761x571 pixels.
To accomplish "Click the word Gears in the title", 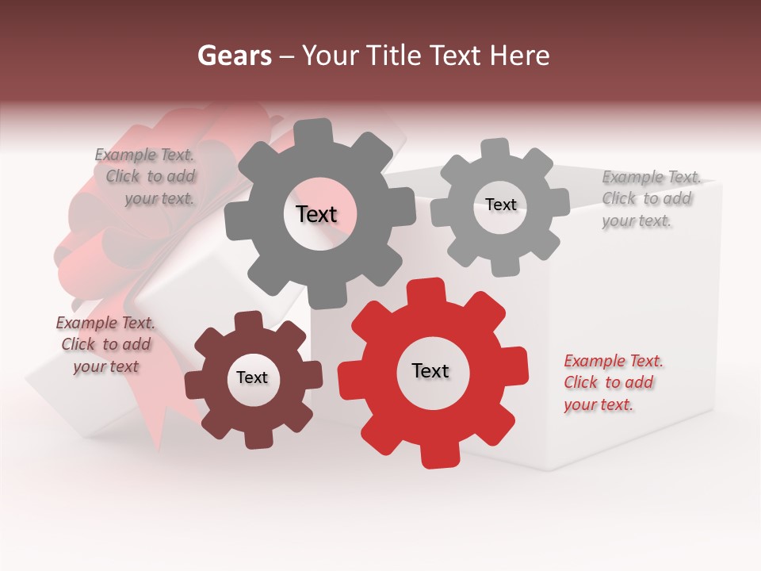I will pos(234,56).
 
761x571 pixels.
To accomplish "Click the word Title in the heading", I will pos(393,56).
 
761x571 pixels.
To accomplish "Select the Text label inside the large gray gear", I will pos(316,214).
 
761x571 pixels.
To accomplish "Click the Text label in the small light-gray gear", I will pos(500,205).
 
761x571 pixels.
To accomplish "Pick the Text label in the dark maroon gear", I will pos(252,377).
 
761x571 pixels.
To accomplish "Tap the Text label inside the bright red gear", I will pos(430,370).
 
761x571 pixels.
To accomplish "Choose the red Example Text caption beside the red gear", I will pos(613,383).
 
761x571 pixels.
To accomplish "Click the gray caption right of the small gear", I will pos(650,199).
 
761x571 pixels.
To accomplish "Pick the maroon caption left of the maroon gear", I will pos(105,344).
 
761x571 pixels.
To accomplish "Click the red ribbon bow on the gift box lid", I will pos(119,206).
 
